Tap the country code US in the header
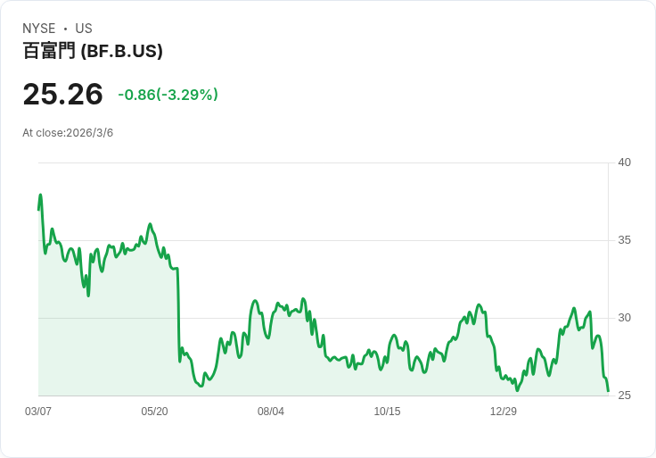(84, 29)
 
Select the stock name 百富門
(49, 51)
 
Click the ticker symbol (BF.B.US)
(121, 51)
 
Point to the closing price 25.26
(62, 94)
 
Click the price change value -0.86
(136, 95)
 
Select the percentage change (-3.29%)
(187, 95)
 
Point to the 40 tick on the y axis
(624, 162)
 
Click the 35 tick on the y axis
(624, 240)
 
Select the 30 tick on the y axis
(624, 318)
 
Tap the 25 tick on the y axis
(624, 396)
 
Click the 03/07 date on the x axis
(38, 412)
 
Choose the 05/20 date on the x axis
(154, 412)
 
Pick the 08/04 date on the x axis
(271, 412)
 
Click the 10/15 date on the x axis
(387, 412)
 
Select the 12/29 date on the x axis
(504, 412)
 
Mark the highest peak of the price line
(40, 195)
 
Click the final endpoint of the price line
(608, 391)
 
